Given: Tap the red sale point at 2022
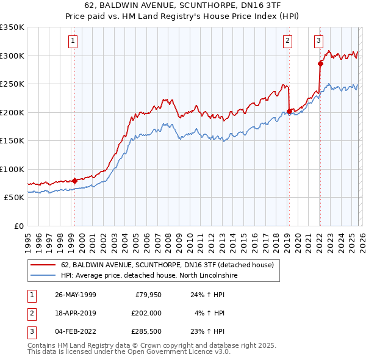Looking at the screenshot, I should click(x=320, y=63).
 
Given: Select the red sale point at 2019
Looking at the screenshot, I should click(x=289, y=111).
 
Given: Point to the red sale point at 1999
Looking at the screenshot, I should click(x=74, y=181).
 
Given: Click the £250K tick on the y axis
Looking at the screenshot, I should click(x=12, y=84).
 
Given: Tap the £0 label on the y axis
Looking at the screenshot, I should click(x=18, y=226).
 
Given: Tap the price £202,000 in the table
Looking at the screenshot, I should click(x=146, y=313).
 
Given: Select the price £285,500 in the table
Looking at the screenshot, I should click(x=146, y=331).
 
